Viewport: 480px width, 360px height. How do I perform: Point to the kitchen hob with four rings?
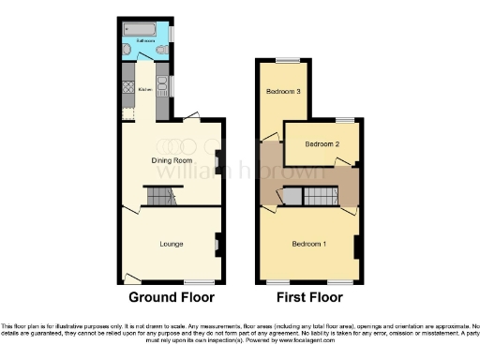(x=127, y=90)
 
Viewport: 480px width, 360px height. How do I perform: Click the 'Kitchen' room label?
(x=144, y=90)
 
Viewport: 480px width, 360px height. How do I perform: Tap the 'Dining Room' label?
(x=171, y=160)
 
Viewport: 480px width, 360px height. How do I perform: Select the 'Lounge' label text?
(x=171, y=244)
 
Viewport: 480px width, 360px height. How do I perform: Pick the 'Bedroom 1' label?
(x=308, y=244)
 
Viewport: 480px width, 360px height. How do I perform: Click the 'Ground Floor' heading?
(x=172, y=297)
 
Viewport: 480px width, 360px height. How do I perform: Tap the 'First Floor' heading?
(x=308, y=297)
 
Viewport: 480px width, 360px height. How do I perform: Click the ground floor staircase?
(x=159, y=196)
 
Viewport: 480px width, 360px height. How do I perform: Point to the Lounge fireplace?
(x=217, y=246)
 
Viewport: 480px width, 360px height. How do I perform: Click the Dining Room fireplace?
(x=217, y=161)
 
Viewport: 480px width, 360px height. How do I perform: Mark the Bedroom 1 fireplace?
(x=356, y=247)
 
